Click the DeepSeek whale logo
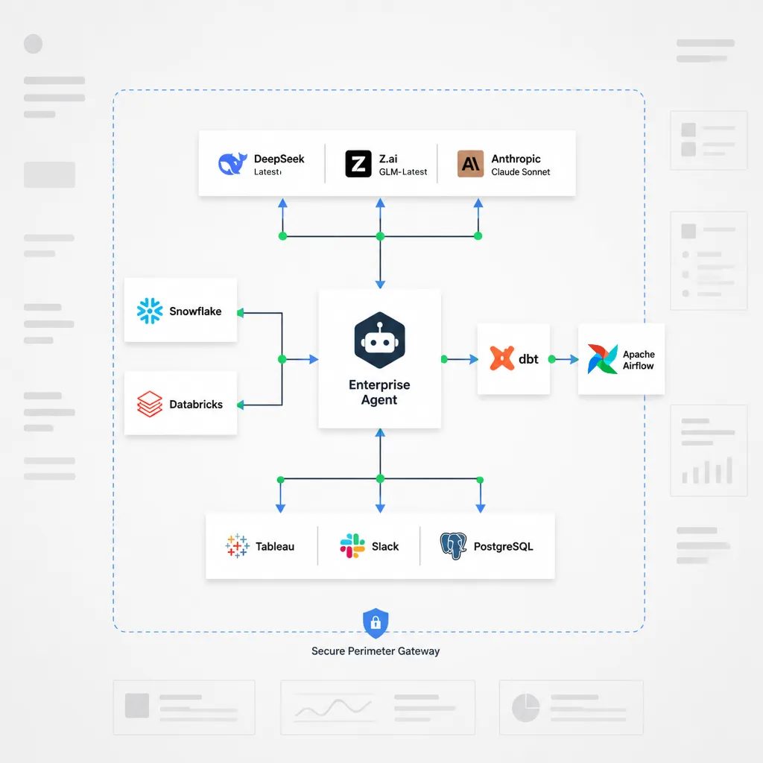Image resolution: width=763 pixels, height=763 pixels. point(232,163)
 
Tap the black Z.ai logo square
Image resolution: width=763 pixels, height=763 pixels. point(358,163)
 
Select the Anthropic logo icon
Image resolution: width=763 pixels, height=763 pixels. point(471,163)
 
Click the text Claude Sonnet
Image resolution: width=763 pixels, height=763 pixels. point(520,172)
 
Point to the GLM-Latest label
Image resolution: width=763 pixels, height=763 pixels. point(403,172)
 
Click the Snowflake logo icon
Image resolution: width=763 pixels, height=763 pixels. point(150,311)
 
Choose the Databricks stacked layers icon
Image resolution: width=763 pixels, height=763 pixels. point(150,404)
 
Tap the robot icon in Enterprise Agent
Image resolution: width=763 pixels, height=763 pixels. point(379,340)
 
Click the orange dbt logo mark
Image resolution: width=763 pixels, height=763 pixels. point(501,358)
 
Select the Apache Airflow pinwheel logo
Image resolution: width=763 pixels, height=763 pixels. point(602,359)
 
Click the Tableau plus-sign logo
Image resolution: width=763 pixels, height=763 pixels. point(238,545)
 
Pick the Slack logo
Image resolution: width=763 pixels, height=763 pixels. point(352,545)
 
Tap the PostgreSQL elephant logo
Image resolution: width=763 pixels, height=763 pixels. point(453,545)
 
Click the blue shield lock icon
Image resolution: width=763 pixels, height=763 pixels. point(376,622)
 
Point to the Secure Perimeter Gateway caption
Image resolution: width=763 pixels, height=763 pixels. point(376,651)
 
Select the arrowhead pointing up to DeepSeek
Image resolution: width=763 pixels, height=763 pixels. point(282,203)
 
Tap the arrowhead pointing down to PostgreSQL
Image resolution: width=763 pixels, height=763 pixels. point(481,508)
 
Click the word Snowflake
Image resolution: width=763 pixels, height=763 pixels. point(195,311)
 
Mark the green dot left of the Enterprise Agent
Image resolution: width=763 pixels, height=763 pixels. point(282,359)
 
